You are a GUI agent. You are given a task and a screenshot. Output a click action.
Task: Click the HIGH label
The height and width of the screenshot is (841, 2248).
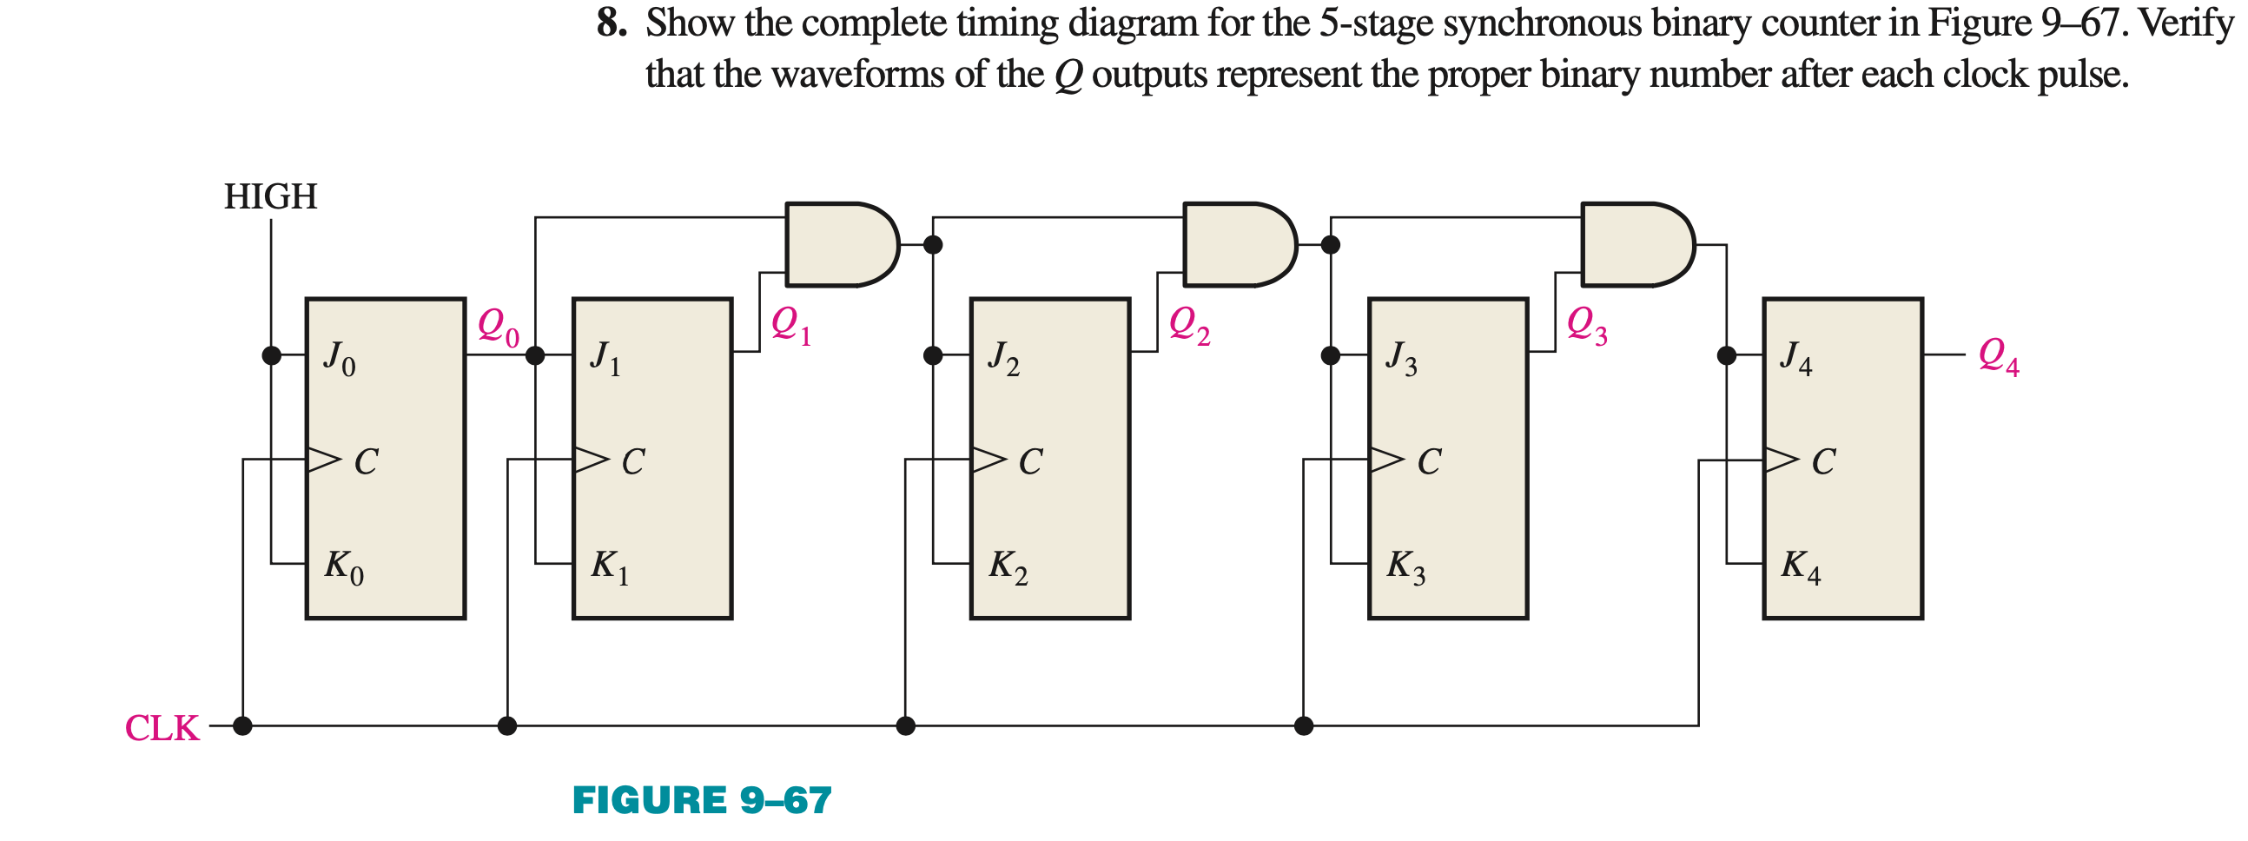click(x=270, y=196)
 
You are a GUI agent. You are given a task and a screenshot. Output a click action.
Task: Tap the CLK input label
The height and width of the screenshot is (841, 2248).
click(x=162, y=727)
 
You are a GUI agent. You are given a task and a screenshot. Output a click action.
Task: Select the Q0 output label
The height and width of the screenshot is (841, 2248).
click(x=499, y=328)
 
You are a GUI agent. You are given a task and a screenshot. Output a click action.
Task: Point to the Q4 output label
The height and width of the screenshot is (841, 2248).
click(x=1999, y=357)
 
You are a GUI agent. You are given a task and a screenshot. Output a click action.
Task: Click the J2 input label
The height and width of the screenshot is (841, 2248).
click(x=1003, y=358)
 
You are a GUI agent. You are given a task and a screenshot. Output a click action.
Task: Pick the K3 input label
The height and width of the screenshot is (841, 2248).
click(x=1406, y=567)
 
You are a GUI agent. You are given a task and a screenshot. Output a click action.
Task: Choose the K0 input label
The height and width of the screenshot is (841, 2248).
click(x=344, y=567)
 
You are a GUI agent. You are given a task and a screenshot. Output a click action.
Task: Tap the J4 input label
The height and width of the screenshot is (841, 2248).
click(x=1796, y=358)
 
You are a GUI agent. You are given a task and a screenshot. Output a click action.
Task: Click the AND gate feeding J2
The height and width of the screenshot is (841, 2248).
click(x=841, y=244)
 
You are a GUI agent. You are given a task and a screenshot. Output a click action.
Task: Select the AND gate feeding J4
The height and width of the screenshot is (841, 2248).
click(x=1637, y=244)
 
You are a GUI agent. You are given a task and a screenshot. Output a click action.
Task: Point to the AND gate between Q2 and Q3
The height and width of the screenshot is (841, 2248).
click(x=1240, y=244)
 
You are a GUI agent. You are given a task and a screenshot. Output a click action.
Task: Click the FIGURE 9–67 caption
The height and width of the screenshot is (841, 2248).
click(x=702, y=800)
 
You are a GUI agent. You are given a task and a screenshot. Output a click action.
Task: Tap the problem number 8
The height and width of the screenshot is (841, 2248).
click(x=612, y=23)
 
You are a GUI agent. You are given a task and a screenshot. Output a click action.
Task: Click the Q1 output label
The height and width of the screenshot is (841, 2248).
click(x=791, y=327)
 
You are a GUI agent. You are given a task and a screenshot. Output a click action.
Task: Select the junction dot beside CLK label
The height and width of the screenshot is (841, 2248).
click(x=242, y=725)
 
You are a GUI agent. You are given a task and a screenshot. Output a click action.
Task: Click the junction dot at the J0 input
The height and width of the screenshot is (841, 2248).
click(x=271, y=355)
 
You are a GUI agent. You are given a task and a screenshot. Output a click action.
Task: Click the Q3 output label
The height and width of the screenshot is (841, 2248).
click(x=1586, y=327)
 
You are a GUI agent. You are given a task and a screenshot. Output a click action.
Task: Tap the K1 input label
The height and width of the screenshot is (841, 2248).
click(x=609, y=567)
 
